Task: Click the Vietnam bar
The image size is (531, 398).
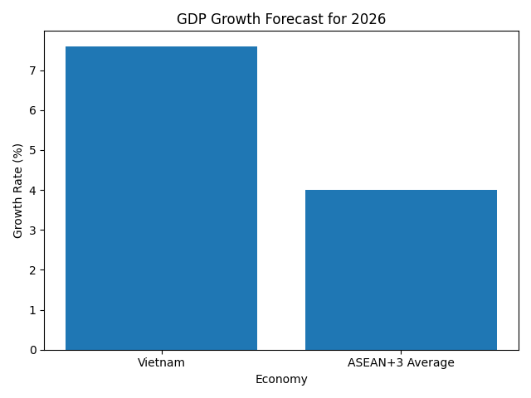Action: pyautogui.click(x=161, y=198)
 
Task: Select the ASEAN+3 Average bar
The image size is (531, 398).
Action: pyautogui.click(x=401, y=269)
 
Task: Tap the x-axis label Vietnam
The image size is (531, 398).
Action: pyautogui.click(x=161, y=362)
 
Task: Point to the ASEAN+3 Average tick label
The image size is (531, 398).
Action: pyautogui.click(x=401, y=362)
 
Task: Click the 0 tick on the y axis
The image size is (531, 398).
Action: pyautogui.click(x=33, y=350)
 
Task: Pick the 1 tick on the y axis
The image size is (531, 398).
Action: pyautogui.click(x=33, y=310)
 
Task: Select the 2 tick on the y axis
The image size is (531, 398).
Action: pyautogui.click(x=33, y=270)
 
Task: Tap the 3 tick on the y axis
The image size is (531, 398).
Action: pyautogui.click(x=33, y=231)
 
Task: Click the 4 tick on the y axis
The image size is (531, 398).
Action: pyautogui.click(x=33, y=191)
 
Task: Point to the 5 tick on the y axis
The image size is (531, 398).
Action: pyautogui.click(x=33, y=151)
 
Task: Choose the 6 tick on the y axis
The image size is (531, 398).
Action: pyautogui.click(x=33, y=111)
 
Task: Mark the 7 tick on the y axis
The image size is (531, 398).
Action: pyautogui.click(x=33, y=71)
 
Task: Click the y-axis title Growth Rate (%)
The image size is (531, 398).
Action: pyautogui.click(x=17, y=191)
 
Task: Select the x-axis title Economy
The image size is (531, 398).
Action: pyautogui.click(x=281, y=379)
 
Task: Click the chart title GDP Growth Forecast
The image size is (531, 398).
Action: pyautogui.click(x=281, y=19)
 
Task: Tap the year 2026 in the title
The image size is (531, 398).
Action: pyautogui.click(x=369, y=19)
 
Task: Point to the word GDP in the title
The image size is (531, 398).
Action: pyautogui.click(x=191, y=19)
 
